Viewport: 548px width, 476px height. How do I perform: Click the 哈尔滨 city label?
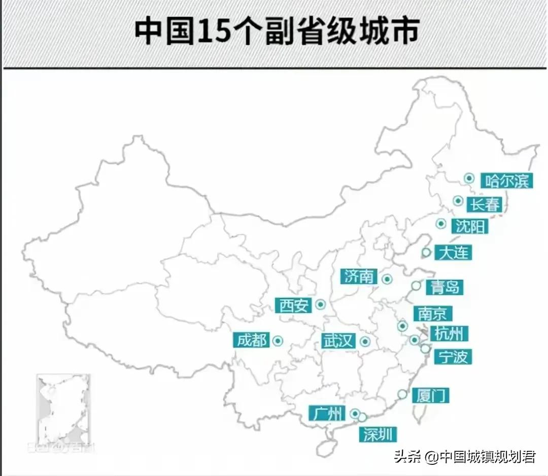[506, 180]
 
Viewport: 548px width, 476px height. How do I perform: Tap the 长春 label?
[485, 204]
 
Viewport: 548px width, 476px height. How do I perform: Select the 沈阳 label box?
[470, 226]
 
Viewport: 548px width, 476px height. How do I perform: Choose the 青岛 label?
[444, 287]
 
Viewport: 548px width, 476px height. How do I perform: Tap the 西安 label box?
[294, 305]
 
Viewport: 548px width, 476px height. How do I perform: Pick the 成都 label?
[252, 340]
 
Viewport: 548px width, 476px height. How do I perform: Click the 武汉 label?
[338, 341]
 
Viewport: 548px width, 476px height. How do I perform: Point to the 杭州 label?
[449, 333]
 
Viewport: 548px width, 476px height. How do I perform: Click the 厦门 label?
[430, 395]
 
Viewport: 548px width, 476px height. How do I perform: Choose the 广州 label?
[327, 414]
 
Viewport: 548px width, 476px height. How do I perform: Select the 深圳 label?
[378, 434]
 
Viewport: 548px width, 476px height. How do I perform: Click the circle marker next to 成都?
[278, 341]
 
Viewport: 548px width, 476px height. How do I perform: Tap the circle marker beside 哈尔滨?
[469, 178]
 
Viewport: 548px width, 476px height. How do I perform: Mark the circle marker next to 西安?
[320, 304]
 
